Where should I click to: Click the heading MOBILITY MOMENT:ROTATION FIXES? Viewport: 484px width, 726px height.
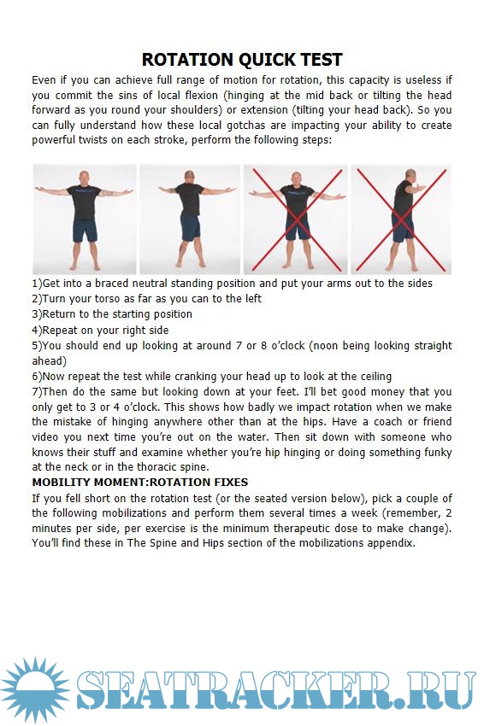[140, 482]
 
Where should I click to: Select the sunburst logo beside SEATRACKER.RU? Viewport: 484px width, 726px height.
[35, 690]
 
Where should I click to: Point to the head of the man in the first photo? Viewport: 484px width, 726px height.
[84, 178]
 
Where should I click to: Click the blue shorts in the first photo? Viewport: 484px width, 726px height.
[85, 229]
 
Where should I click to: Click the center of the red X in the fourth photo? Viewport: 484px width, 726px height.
[401, 220]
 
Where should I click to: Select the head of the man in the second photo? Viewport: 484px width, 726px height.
[189, 177]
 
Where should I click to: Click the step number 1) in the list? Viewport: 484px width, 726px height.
[37, 284]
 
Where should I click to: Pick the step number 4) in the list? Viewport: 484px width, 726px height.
[37, 331]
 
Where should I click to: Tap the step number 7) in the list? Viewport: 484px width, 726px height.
[37, 392]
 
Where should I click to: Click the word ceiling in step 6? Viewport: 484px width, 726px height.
[375, 377]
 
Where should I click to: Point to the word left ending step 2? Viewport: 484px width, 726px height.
[254, 299]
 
